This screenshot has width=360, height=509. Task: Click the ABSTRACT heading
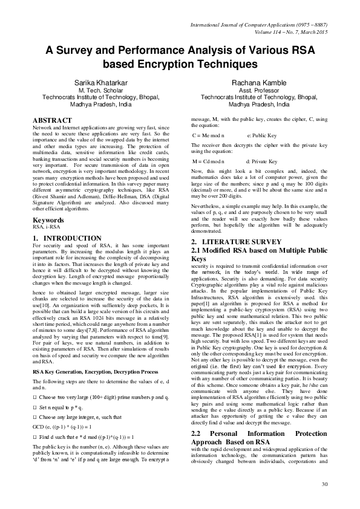click(53, 120)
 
